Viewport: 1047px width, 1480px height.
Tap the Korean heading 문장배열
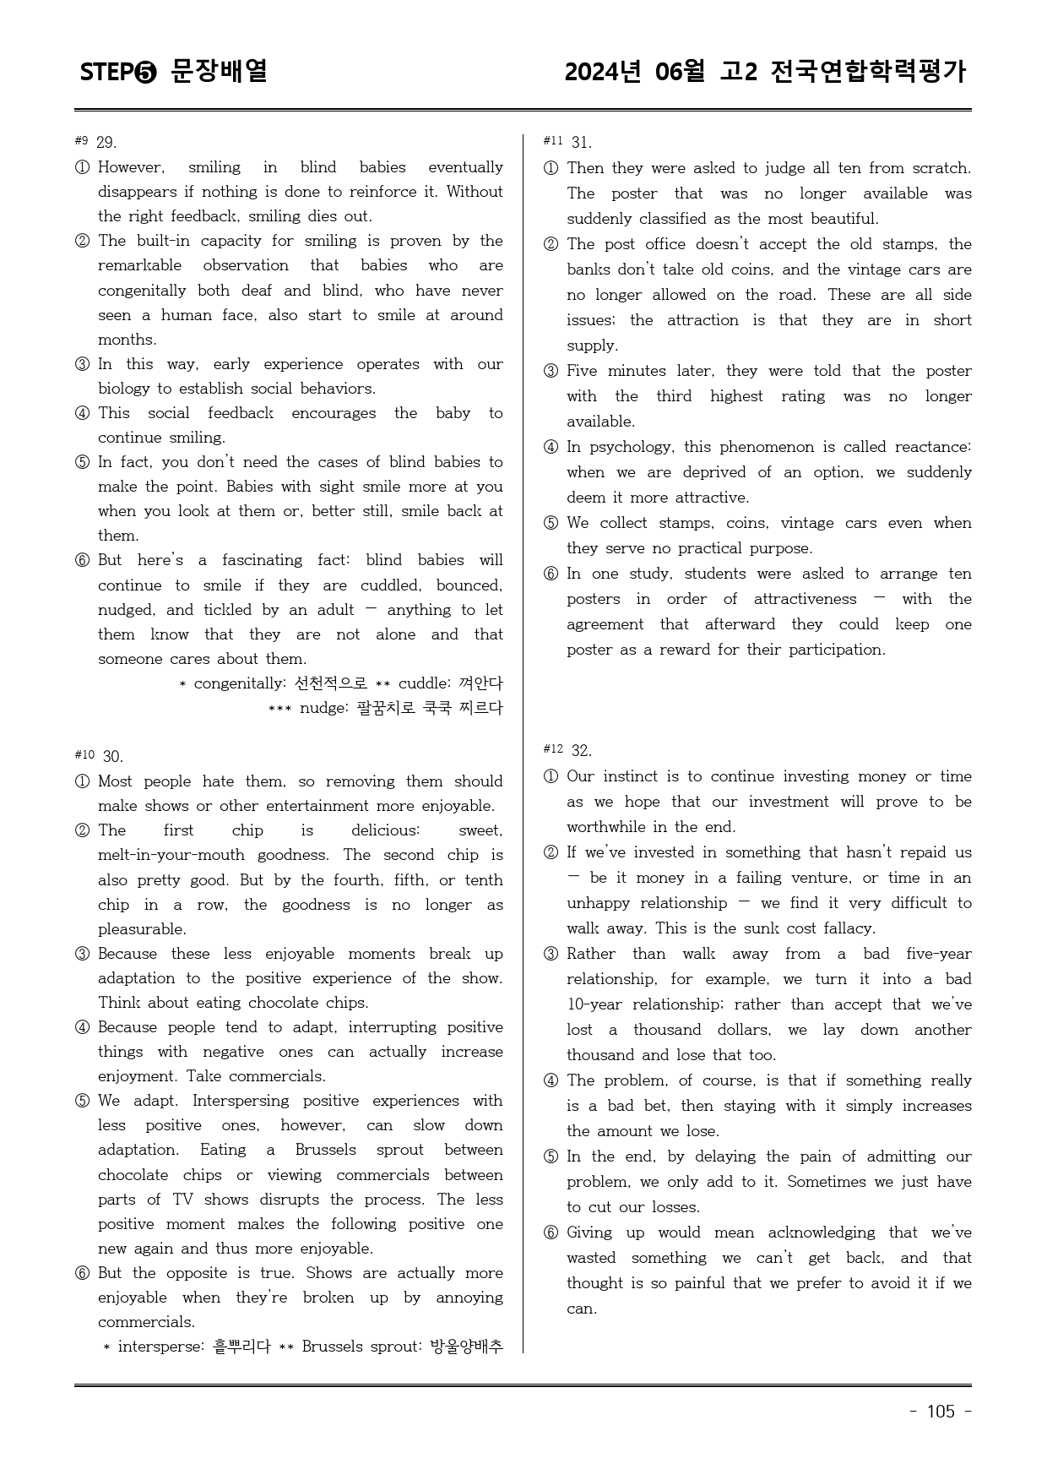tap(219, 71)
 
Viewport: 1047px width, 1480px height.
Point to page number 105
tap(941, 1412)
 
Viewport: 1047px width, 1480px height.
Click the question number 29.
tap(106, 142)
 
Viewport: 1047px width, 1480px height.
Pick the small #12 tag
tap(553, 749)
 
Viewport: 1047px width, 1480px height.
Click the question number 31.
tap(581, 142)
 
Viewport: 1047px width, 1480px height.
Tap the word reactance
tap(933, 447)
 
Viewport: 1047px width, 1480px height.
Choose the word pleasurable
tap(142, 929)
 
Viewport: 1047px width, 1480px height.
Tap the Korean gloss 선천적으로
tap(330, 683)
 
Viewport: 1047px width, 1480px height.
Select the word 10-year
tap(595, 1004)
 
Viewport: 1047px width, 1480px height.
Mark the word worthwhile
tap(608, 827)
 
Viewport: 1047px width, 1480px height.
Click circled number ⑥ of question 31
tap(551, 574)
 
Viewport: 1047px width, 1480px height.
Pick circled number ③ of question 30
tap(82, 955)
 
